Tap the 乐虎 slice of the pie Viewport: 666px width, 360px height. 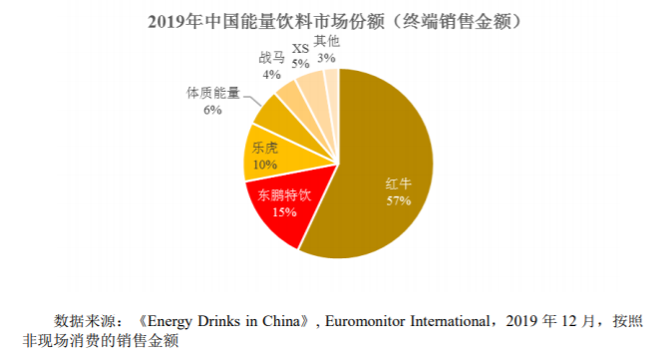(x=280, y=154)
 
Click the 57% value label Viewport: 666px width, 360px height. (x=399, y=200)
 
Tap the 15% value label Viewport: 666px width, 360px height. (x=284, y=211)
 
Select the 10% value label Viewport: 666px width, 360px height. (x=265, y=165)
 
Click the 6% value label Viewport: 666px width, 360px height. (x=212, y=110)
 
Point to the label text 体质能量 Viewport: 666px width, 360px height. (x=213, y=93)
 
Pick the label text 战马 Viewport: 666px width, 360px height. (x=271, y=58)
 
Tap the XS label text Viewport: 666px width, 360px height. (x=300, y=49)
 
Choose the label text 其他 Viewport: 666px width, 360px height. (x=327, y=41)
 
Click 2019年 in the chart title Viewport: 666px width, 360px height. (x=174, y=21)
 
